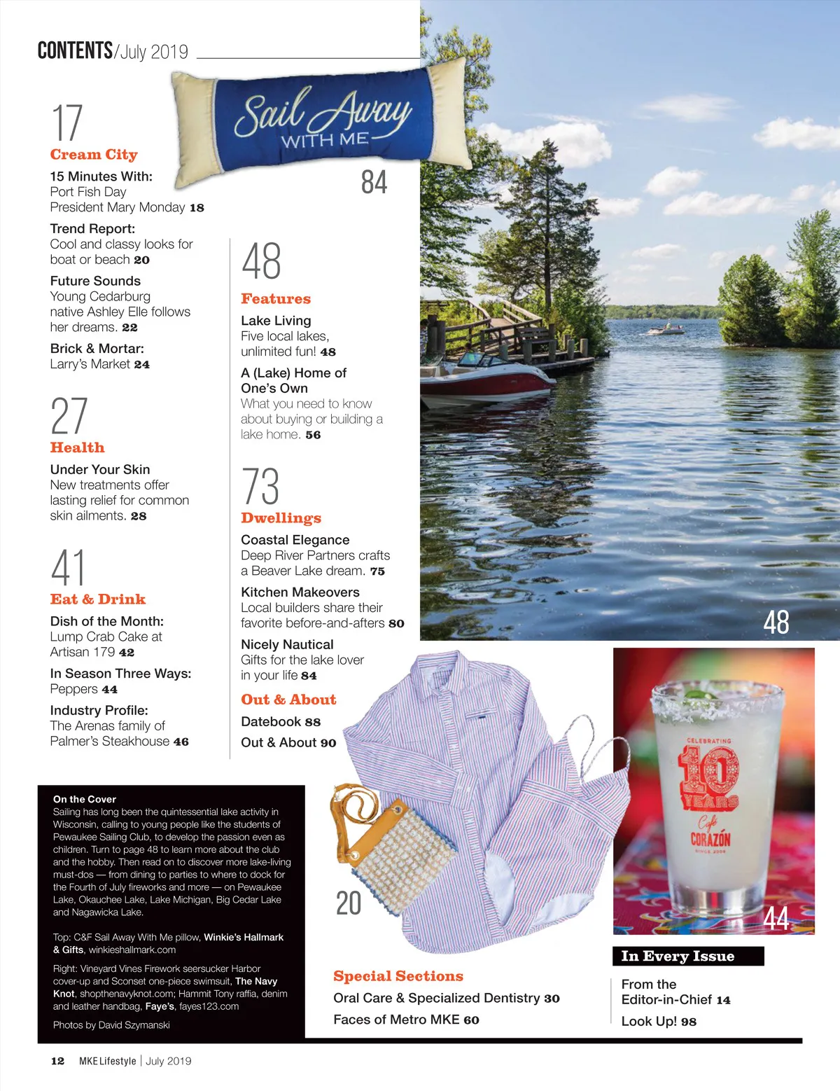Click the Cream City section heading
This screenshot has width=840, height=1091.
point(94,155)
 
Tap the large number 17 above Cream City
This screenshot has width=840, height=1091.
point(67,123)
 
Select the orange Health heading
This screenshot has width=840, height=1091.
point(77,447)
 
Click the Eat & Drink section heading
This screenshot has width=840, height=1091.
point(98,599)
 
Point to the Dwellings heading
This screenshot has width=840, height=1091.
point(281,518)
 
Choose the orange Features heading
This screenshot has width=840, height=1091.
point(276,299)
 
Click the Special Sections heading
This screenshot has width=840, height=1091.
point(398,976)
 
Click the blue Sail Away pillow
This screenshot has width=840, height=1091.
point(322,118)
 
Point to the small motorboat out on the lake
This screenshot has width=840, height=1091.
point(666,329)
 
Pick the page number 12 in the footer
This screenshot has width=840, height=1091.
point(57,1061)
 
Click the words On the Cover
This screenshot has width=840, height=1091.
point(85,799)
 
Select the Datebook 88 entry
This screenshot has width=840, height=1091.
point(281,722)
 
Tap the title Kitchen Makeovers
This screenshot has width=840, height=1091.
point(300,592)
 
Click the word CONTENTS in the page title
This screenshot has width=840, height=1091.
point(75,50)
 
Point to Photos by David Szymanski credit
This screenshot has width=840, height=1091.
point(111,1025)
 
